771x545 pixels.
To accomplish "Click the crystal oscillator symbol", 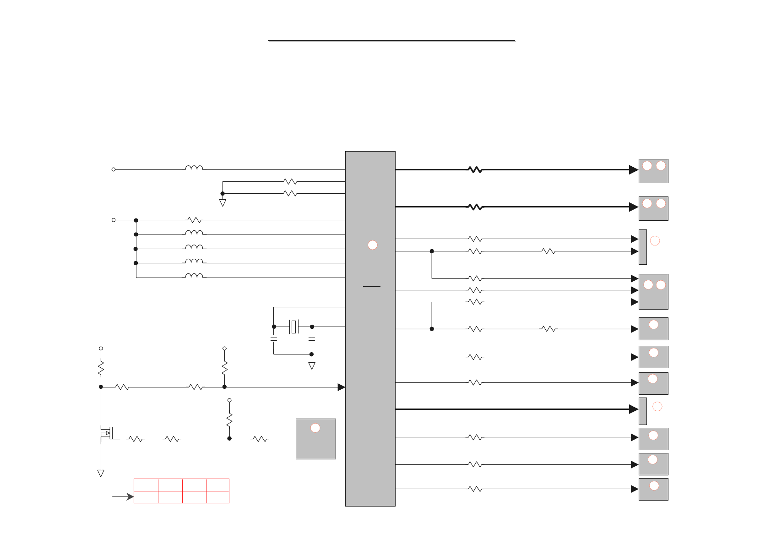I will pos(294,327).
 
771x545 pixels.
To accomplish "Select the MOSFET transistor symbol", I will pos(109,433).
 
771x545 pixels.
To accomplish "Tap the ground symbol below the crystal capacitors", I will pos(312,365).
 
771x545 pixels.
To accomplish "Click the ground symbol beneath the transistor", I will pos(101,473).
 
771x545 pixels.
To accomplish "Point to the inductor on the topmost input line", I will pos(194,169).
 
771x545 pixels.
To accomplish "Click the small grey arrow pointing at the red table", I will pos(123,496).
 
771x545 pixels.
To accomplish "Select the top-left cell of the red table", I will pos(146,485).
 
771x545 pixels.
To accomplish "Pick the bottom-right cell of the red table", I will pos(217,497).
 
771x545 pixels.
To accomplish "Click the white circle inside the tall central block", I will pos(373,245).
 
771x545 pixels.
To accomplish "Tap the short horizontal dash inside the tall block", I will pos(372,286).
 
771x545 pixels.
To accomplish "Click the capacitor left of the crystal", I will pos(274,339).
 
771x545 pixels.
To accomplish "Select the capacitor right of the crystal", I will pos(312,339).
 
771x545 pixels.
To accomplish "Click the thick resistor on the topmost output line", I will pos(475,169).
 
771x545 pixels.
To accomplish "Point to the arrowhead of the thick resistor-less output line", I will pos(634,409).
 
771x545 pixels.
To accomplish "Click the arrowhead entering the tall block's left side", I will pos(341,387).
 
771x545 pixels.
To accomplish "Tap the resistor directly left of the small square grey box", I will pos(260,439).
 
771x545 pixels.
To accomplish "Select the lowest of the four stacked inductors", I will pos(194,276).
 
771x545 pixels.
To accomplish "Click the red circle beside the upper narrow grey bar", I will pos(655,240).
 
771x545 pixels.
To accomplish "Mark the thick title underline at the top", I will pos(391,41).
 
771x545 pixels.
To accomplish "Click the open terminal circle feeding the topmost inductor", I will pos(114,169).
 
